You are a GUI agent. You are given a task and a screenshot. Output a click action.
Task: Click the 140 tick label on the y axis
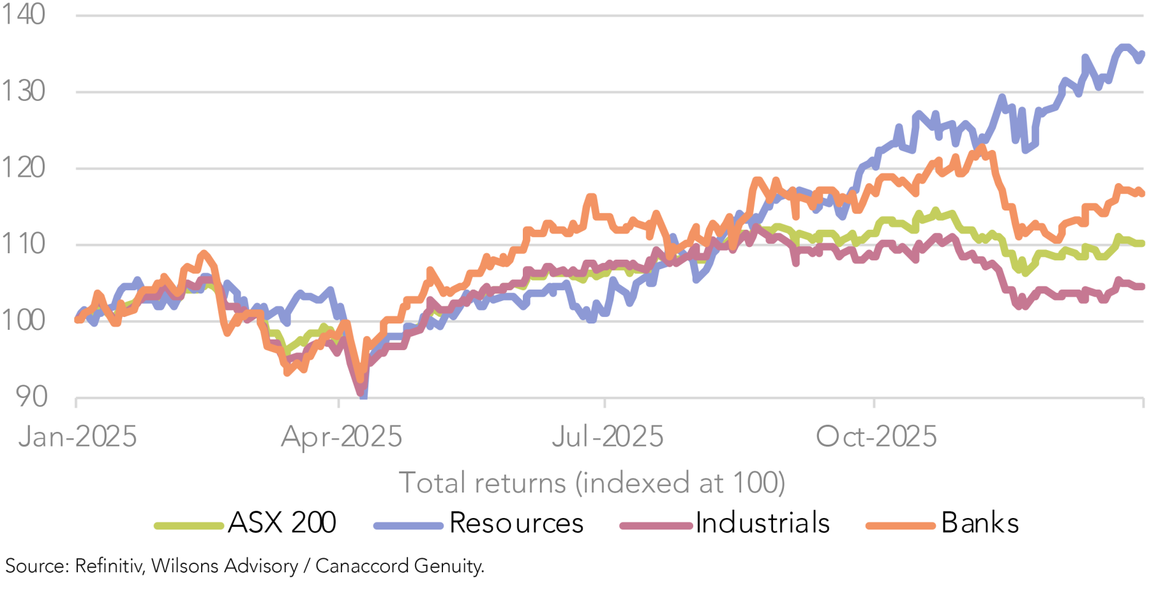[23, 14]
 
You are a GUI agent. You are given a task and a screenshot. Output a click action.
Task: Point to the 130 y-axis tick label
[23, 91]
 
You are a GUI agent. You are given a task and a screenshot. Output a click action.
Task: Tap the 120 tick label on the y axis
[23, 168]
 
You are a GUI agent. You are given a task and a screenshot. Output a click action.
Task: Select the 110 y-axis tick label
[23, 244]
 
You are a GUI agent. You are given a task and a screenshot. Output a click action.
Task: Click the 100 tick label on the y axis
[23, 320]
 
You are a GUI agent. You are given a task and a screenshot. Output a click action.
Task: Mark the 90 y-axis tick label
[31, 397]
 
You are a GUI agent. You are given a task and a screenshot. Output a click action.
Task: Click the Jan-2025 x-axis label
[78, 437]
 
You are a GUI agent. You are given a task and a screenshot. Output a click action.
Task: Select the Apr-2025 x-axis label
[342, 437]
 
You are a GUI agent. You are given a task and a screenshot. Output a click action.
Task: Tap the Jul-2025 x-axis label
[608, 437]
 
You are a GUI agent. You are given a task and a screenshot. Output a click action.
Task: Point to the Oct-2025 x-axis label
[876, 437]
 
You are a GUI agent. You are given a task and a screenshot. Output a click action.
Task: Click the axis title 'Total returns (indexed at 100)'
[592, 483]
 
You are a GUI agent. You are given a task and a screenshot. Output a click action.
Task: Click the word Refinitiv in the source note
[109, 566]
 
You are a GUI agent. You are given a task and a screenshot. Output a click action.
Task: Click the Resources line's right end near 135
[1141, 55]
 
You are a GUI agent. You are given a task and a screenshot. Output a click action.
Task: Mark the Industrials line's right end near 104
[1141, 286]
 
